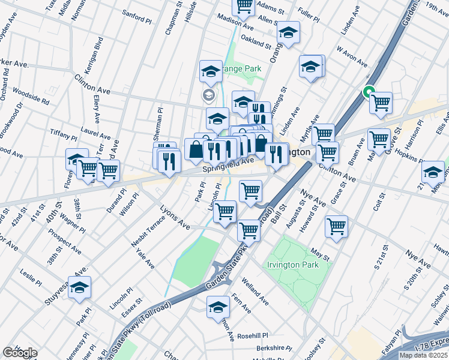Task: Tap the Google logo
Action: [x=20, y=353]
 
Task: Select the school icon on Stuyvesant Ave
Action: [x=79, y=288]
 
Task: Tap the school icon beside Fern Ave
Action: [x=218, y=308]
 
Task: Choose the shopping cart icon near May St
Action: [x=337, y=227]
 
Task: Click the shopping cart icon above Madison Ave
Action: [x=244, y=6]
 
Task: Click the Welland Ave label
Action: [x=255, y=287]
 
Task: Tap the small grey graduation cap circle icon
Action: [x=209, y=94]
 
